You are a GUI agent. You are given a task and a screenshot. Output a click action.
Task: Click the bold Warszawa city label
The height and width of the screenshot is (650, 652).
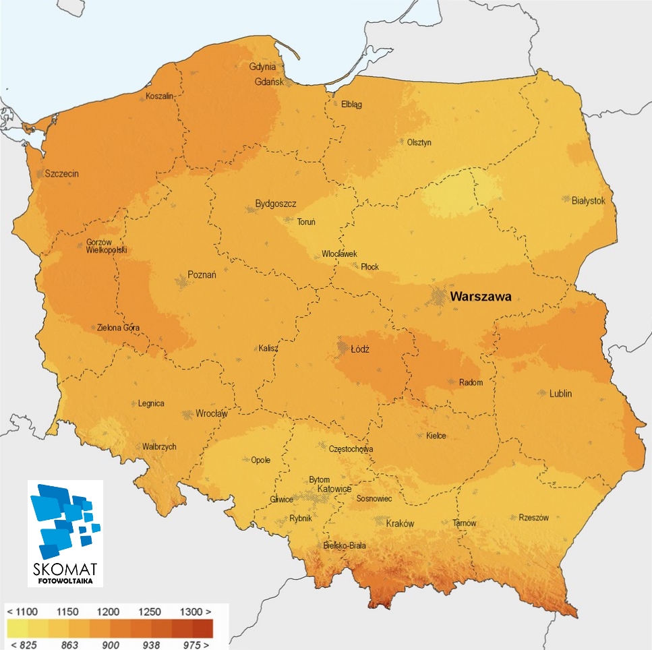point(481,296)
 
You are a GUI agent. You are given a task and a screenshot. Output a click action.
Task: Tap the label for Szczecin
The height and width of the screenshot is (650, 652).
point(61,173)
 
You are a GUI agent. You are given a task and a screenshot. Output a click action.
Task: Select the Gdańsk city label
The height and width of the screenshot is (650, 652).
point(264,82)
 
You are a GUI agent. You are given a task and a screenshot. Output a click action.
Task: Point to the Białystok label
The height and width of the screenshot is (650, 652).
point(588,200)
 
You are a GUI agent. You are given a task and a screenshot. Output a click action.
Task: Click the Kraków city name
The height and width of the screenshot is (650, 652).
point(399,523)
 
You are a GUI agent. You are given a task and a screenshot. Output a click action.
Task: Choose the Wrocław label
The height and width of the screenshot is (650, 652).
point(212,413)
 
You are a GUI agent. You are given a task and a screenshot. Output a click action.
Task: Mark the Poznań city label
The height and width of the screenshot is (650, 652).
point(202,275)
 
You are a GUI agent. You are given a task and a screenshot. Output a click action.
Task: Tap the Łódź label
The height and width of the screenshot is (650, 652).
point(361,349)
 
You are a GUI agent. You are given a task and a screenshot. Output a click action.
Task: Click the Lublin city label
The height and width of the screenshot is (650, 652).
point(560,393)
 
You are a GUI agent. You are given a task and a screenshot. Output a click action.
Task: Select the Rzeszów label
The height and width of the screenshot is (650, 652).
point(533,518)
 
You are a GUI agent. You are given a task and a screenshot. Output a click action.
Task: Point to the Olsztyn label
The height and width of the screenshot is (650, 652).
point(419,142)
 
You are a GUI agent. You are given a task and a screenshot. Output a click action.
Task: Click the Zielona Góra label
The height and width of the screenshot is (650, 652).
point(118,328)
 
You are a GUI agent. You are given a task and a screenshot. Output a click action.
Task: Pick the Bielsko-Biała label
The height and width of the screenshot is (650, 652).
point(345,545)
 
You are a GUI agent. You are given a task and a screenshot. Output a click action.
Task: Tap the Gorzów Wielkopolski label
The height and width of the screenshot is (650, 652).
point(106,246)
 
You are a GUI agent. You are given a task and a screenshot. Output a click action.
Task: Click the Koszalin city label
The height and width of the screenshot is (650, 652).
point(160,96)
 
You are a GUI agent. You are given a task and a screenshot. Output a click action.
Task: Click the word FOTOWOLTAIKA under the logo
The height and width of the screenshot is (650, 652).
point(65,579)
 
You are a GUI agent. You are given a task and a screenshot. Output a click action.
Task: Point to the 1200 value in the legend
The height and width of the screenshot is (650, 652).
point(108,612)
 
